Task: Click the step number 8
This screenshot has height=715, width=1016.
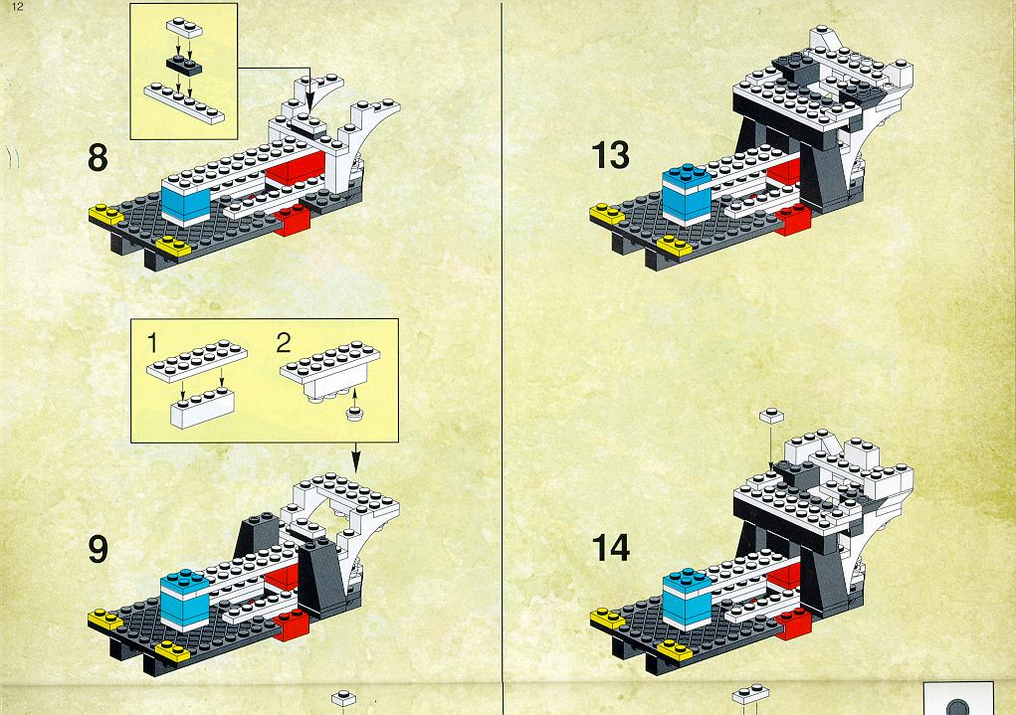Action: [x=98, y=158]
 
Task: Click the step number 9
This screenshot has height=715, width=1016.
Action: [x=98, y=550]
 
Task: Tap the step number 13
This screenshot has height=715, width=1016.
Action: [x=610, y=155]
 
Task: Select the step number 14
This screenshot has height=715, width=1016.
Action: [x=610, y=548]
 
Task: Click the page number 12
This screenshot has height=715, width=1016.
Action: [x=18, y=7]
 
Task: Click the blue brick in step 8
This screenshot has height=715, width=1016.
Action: [x=185, y=200]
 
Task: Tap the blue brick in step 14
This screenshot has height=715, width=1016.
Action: [x=688, y=597]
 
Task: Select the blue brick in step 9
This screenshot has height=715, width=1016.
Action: [x=185, y=599]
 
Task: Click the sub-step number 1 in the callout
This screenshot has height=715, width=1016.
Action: [x=152, y=343]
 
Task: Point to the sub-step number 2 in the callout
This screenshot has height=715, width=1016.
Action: [x=284, y=343]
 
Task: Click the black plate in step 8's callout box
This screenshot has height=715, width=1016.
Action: [x=184, y=65]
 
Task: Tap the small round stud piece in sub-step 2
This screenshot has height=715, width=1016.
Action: [x=354, y=414]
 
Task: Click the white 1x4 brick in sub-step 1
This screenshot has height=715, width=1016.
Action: [x=203, y=408]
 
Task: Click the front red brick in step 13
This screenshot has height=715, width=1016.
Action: [x=793, y=220]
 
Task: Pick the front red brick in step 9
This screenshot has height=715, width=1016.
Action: [x=292, y=625]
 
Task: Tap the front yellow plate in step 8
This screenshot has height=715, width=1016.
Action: [x=173, y=246]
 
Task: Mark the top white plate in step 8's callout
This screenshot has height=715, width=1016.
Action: [x=185, y=27]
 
